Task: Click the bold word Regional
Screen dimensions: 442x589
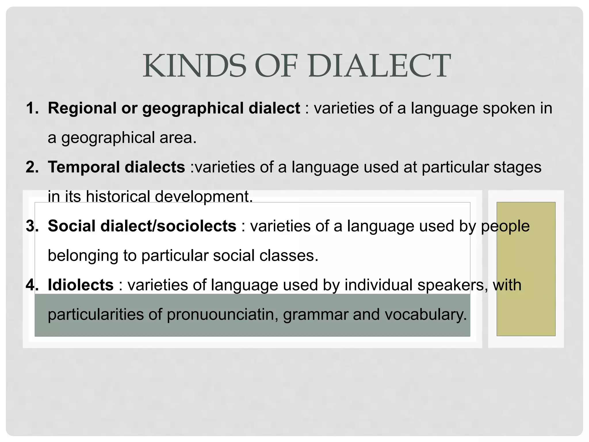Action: (x=82, y=108)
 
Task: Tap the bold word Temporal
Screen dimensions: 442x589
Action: (x=84, y=167)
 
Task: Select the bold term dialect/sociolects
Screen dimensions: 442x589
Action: (x=168, y=226)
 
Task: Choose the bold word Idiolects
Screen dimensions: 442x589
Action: (x=81, y=285)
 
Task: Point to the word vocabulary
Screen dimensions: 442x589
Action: (x=425, y=315)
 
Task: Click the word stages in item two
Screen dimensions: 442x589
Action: (x=517, y=167)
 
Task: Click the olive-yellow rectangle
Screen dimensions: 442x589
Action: (x=526, y=269)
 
